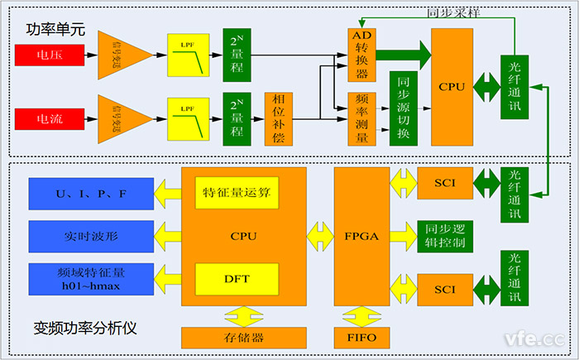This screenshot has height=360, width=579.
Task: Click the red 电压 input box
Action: click(x=49, y=55)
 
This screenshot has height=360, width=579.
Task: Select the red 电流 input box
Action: click(x=49, y=118)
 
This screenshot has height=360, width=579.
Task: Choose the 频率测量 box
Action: click(x=361, y=118)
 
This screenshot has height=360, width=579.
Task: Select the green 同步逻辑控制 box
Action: click(x=444, y=237)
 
